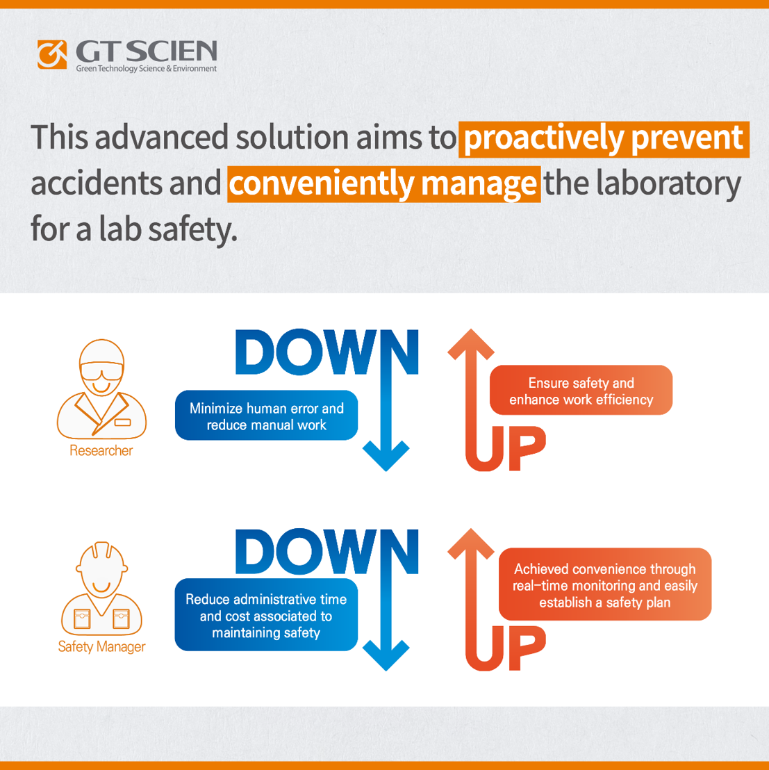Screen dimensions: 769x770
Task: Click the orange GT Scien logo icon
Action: (x=52, y=54)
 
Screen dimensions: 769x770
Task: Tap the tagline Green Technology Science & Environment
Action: (x=147, y=69)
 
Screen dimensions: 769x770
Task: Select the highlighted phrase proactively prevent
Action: (x=604, y=139)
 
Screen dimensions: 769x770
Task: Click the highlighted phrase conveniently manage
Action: (x=383, y=184)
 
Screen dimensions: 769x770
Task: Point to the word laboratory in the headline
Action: (x=668, y=184)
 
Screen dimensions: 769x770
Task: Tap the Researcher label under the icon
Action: (x=101, y=450)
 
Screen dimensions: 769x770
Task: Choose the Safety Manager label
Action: (x=101, y=647)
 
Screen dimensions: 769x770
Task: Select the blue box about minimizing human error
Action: (x=267, y=416)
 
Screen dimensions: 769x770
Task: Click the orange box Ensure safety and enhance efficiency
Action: (x=581, y=391)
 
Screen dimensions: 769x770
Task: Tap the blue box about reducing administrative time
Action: (x=267, y=615)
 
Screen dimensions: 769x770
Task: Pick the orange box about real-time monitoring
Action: (x=605, y=584)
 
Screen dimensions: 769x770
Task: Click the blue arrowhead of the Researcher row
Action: (x=386, y=456)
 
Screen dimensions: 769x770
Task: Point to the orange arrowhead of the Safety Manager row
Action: (x=471, y=543)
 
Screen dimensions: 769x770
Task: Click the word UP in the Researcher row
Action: (x=506, y=448)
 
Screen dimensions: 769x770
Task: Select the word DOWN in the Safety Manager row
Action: (x=326, y=552)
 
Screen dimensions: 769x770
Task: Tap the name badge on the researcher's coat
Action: (x=123, y=422)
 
